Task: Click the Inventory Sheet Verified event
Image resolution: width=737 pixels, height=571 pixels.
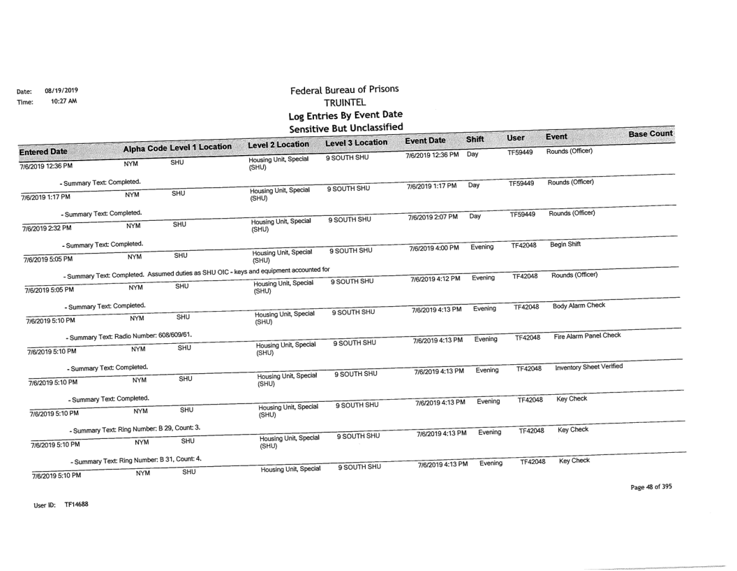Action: (x=600, y=368)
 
